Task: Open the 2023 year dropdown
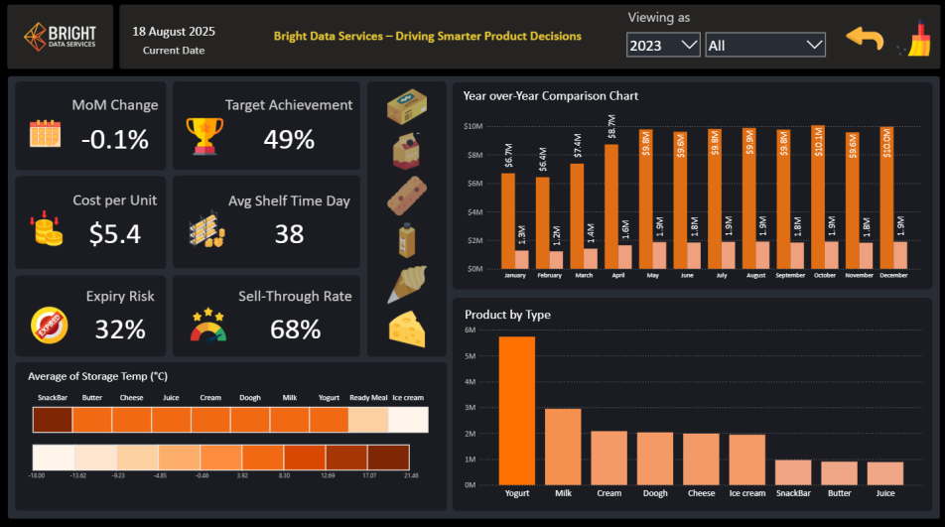tap(663, 45)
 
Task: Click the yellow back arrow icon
tap(865, 39)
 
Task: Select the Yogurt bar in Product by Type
tap(516, 411)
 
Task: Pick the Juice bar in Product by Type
tap(885, 473)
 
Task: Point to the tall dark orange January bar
tap(507, 220)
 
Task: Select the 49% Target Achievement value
tap(289, 139)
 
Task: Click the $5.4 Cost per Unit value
tap(115, 233)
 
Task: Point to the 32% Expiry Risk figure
tap(120, 329)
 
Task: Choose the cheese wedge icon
tap(406, 328)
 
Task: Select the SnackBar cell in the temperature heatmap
tap(52, 421)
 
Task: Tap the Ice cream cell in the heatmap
tap(408, 421)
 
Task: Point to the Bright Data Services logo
tap(60, 37)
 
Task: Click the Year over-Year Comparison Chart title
tap(550, 96)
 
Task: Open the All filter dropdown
tap(764, 45)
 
